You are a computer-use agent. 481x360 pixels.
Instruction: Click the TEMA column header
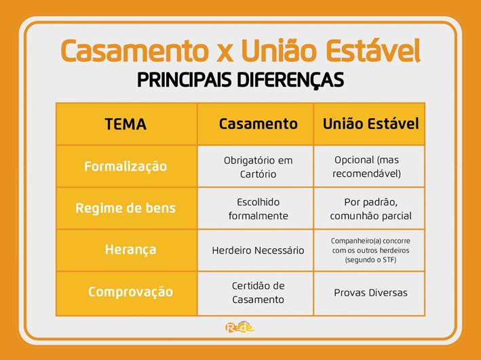coord(126,124)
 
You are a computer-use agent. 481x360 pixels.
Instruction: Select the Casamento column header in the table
coord(258,124)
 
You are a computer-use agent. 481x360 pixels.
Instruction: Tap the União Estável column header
coord(370,124)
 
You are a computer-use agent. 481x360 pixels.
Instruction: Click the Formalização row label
coord(126,167)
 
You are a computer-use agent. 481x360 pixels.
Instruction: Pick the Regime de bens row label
coord(126,208)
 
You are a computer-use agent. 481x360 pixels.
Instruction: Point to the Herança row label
coord(130,250)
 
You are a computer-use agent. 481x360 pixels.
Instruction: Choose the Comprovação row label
coord(130,292)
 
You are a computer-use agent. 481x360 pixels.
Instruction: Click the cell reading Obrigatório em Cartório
coord(258,167)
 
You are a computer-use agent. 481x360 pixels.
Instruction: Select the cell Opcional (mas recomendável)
coord(367,167)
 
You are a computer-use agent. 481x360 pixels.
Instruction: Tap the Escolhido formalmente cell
coord(258,209)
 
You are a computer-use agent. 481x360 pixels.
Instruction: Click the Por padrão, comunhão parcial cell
coord(370,209)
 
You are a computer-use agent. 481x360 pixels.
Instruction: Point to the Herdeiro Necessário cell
coord(258,251)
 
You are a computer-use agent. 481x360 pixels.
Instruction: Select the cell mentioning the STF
coord(370,251)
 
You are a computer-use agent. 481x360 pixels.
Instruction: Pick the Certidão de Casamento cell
coord(258,292)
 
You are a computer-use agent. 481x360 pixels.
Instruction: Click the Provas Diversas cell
coord(370,293)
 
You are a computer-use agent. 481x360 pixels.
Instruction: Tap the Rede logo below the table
coord(239,327)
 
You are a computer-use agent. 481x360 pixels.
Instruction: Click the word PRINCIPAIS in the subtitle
coord(184,80)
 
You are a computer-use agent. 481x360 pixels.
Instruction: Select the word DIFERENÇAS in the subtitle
coord(291,81)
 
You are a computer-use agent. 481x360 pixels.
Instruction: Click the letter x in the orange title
coord(225,53)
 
